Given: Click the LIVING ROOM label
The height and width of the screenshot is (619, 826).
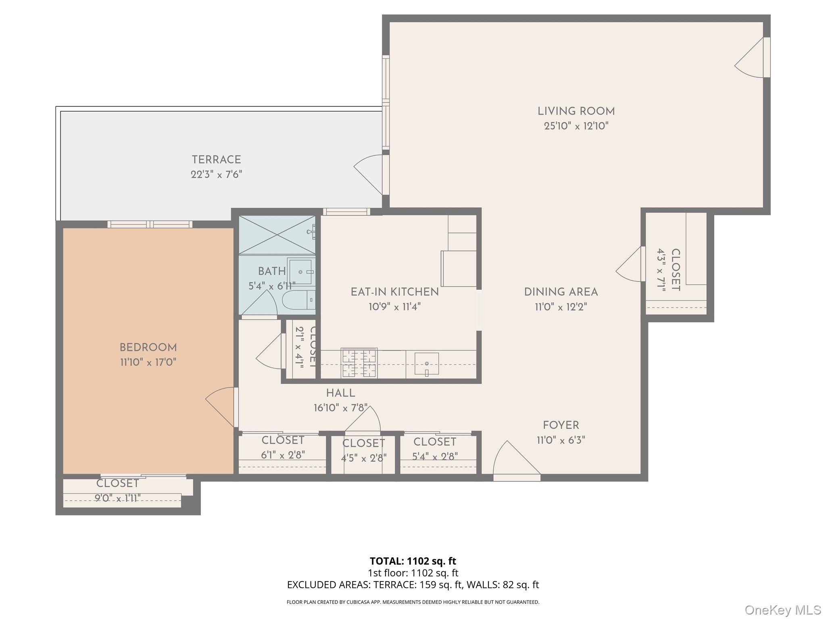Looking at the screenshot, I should pyautogui.click(x=576, y=111).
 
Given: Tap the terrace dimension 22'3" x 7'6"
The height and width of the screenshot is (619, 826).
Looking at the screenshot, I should pyautogui.click(x=216, y=174).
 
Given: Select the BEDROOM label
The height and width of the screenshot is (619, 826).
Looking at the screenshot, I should pyautogui.click(x=148, y=347).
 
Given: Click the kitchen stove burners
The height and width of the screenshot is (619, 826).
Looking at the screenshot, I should pyautogui.click(x=359, y=363).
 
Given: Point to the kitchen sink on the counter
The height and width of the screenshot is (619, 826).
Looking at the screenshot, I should pyautogui.click(x=426, y=364).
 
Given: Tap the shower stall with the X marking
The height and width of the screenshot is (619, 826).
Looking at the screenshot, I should pyautogui.click(x=277, y=235).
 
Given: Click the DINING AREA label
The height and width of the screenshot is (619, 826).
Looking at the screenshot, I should pyautogui.click(x=561, y=292).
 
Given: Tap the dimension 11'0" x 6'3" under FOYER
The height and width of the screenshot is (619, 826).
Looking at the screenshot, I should pyautogui.click(x=561, y=440).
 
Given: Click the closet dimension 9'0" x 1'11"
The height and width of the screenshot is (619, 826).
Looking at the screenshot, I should pyautogui.click(x=117, y=499).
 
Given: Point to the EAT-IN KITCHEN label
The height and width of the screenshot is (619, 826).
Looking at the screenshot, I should pyautogui.click(x=394, y=292).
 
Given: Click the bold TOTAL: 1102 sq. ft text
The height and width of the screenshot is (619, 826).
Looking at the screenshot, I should pyautogui.click(x=413, y=561).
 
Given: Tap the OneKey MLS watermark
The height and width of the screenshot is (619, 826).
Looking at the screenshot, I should pyautogui.click(x=782, y=610).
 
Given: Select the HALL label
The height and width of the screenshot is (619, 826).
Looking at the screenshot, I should pyautogui.click(x=340, y=393).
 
